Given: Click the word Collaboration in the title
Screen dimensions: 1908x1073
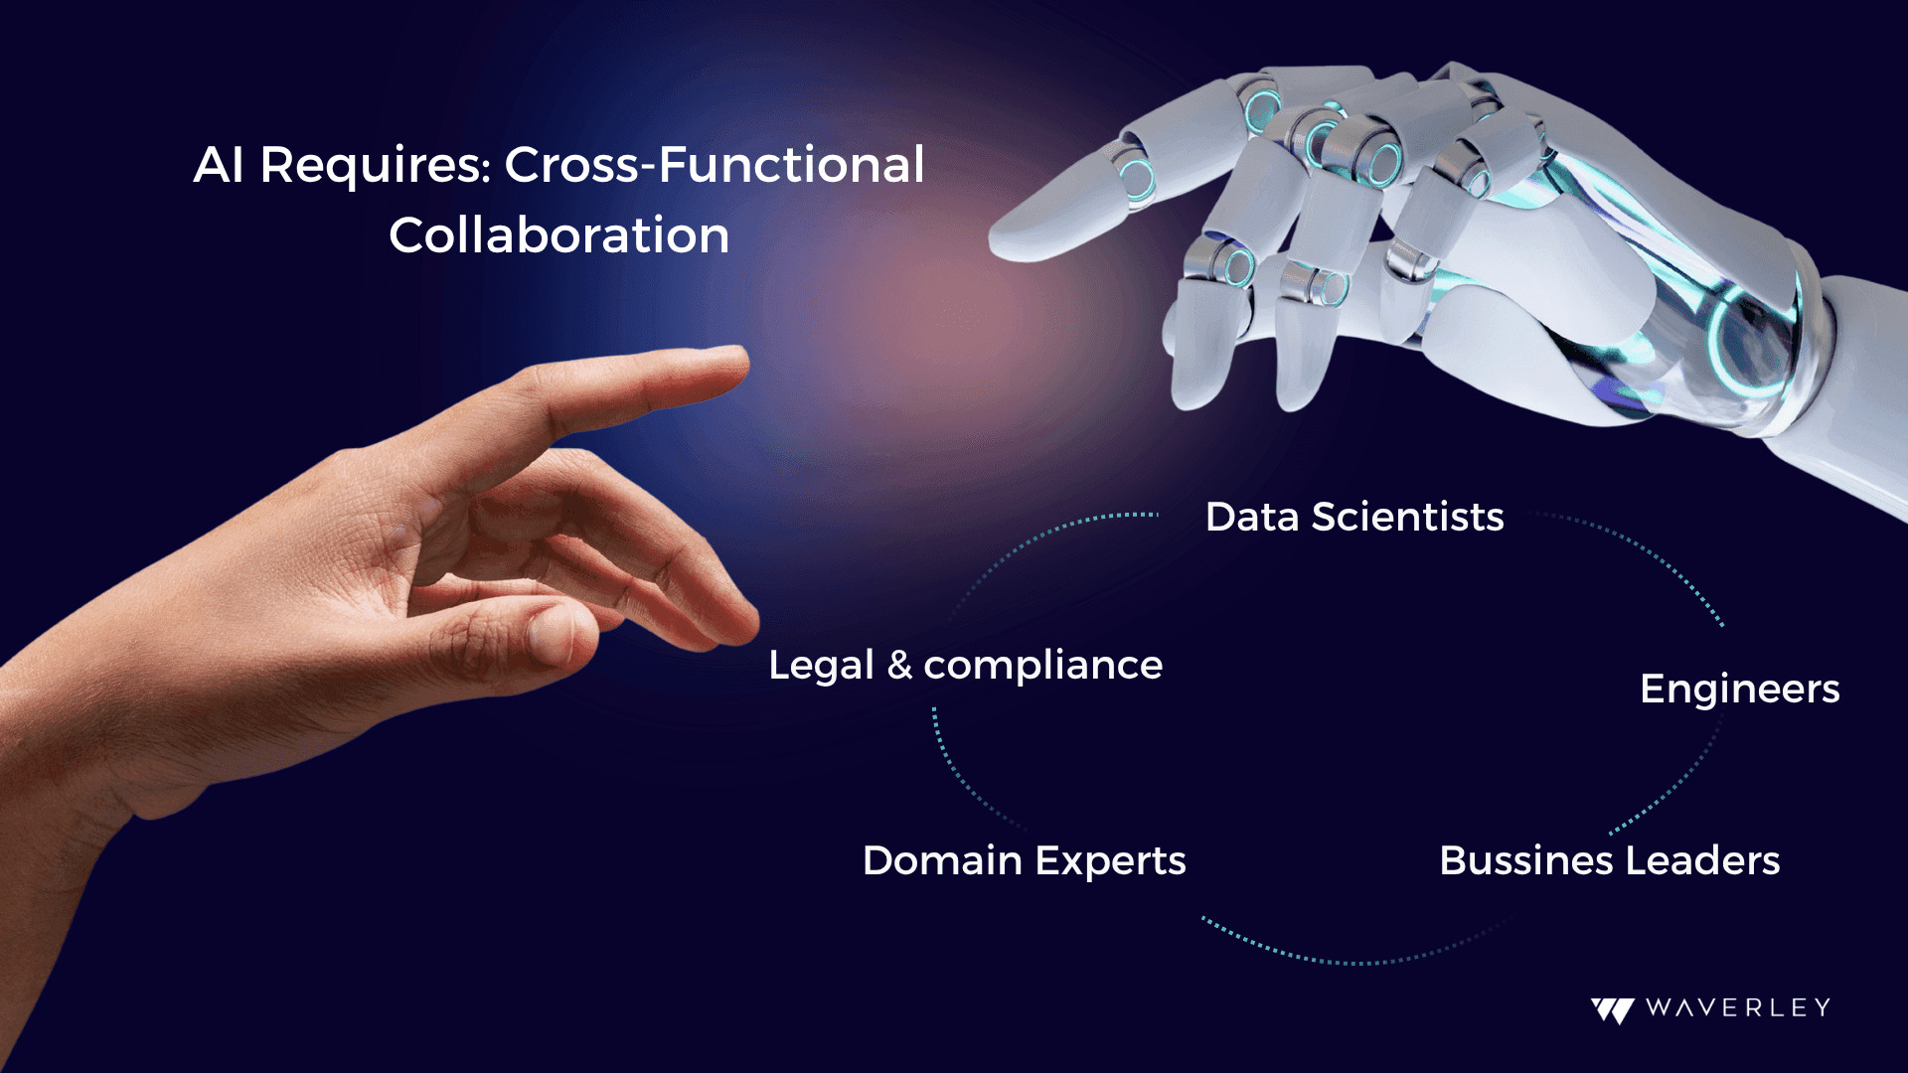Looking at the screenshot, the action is (559, 235).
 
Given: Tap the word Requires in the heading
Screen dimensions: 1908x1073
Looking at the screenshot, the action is (376, 166).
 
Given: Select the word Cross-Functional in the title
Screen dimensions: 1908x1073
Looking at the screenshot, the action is (715, 164).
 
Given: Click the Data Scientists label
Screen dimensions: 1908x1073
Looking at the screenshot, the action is (1354, 517).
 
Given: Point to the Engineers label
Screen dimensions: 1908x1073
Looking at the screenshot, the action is (1740, 690).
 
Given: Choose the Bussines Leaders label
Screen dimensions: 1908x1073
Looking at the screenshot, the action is (1610, 860).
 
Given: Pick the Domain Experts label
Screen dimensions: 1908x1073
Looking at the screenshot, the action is (1025, 861).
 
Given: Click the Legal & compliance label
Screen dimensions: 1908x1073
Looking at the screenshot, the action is (966, 666).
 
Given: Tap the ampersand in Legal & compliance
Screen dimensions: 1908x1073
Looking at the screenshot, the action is (899, 666).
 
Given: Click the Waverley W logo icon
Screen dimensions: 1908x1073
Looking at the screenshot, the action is (1613, 1009).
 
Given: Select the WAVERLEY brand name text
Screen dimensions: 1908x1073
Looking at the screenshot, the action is (1738, 1007).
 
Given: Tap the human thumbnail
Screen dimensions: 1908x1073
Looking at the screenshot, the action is (550, 633).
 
